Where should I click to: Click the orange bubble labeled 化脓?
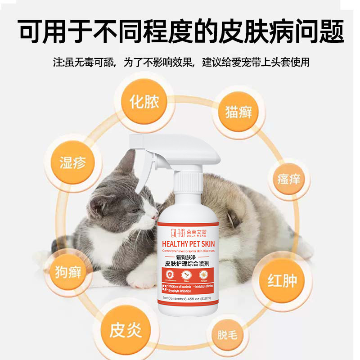pyautogui.click(x=144, y=103)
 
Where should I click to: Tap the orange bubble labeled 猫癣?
pyautogui.click(x=238, y=112)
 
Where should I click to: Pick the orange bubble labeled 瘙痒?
pyautogui.click(x=288, y=180)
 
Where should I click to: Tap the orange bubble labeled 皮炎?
pyautogui.click(x=126, y=330)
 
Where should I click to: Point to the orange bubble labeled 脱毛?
pyautogui.click(x=228, y=335)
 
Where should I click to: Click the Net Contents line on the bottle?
pyautogui.click(x=189, y=298)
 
